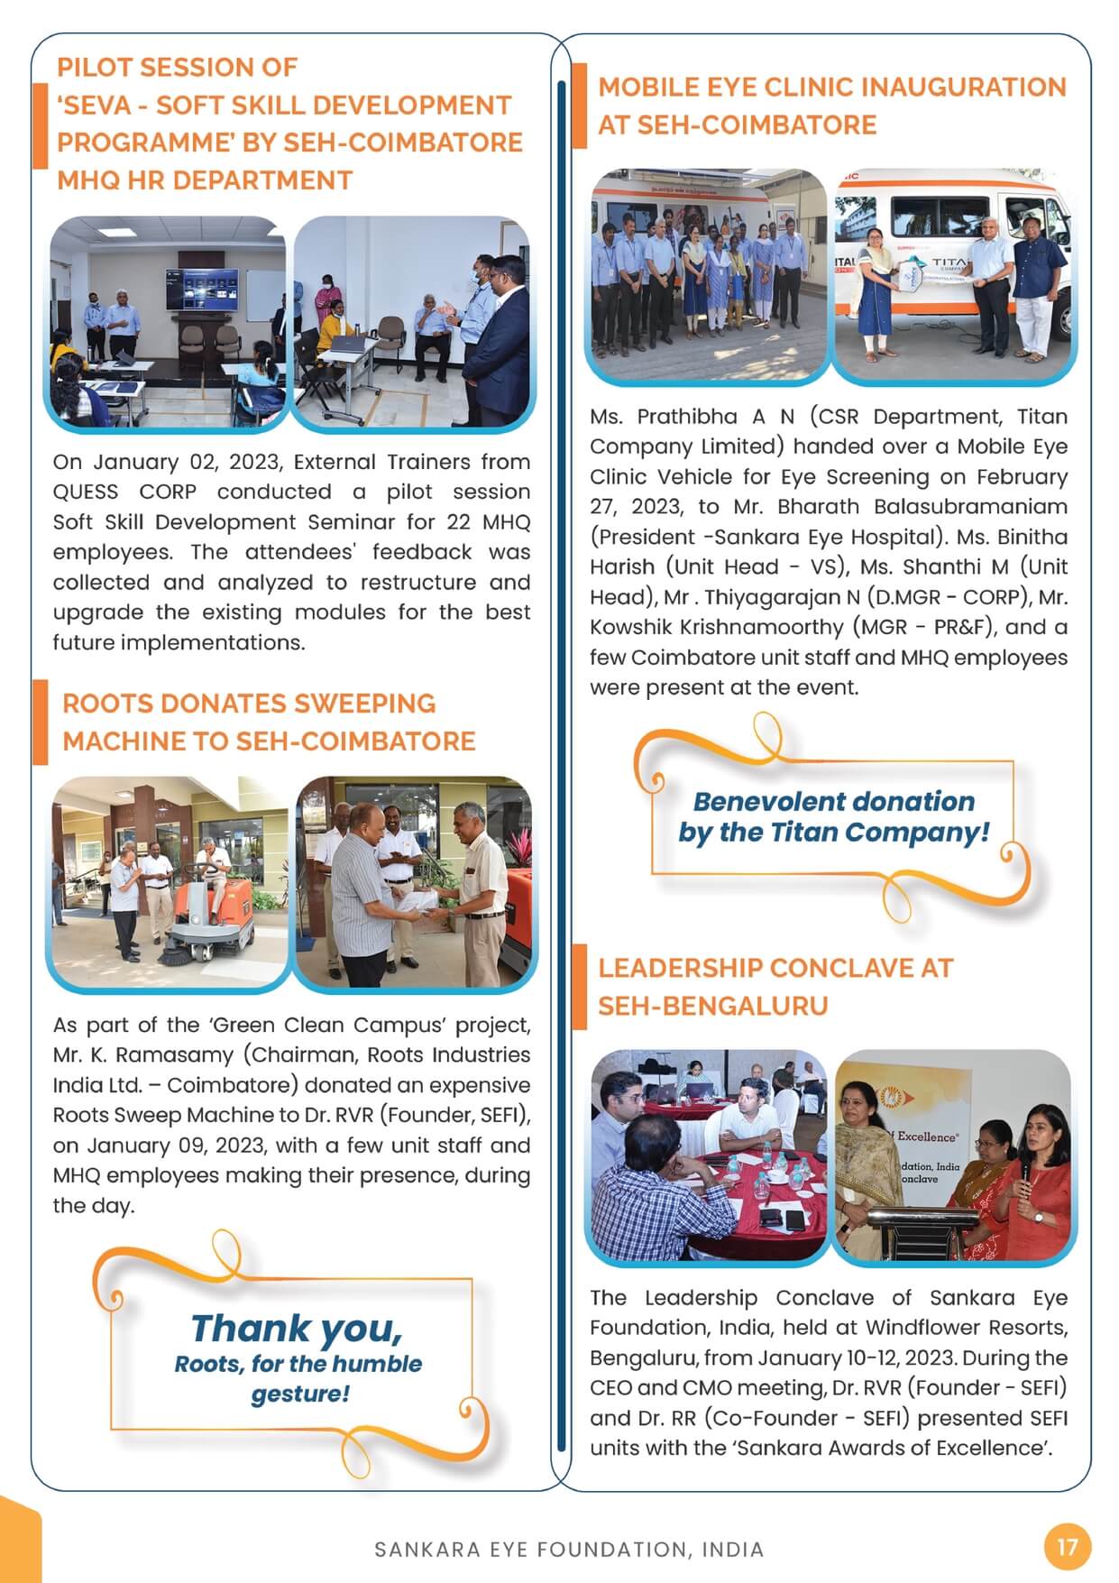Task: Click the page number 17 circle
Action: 1067,1547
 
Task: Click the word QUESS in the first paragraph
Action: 86,492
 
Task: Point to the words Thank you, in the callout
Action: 297,1329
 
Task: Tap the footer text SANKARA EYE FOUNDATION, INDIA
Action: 569,1550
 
